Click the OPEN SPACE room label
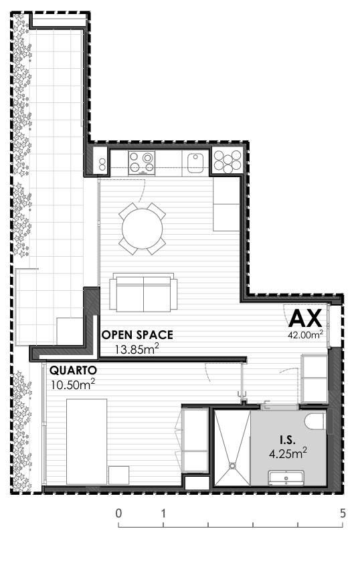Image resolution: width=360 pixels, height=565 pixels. click(137, 334)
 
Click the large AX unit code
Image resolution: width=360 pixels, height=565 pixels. click(306, 317)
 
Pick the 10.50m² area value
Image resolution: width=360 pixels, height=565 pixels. click(73, 384)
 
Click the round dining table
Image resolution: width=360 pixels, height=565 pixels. click(142, 228)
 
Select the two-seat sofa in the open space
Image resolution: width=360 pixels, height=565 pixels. click(143, 293)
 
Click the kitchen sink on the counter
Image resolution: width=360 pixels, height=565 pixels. click(195, 161)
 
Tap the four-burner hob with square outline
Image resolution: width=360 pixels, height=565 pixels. click(142, 161)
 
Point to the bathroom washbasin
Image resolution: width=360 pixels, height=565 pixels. click(286, 478)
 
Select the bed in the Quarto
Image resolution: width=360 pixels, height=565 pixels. click(86, 441)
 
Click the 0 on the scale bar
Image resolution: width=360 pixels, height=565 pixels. click(118, 514)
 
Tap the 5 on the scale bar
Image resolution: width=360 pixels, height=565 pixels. click(343, 514)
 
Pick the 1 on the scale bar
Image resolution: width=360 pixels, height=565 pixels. click(163, 514)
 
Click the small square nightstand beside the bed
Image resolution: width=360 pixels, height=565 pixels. click(119, 475)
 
